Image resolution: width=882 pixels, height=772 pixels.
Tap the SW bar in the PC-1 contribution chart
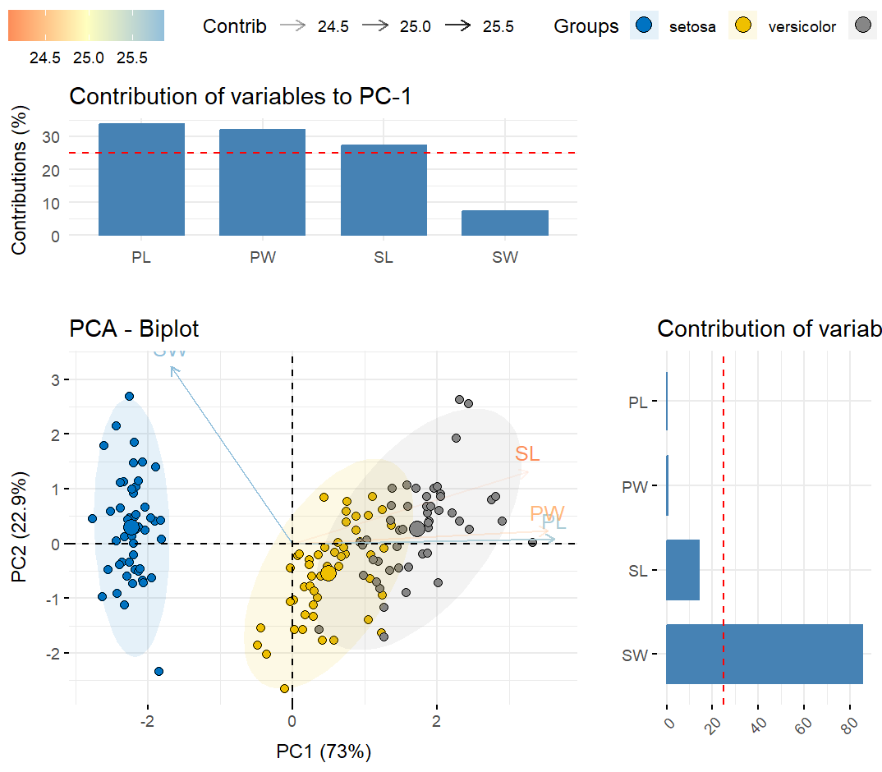coord(506,223)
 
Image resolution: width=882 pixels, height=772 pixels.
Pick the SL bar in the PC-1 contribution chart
coord(384,190)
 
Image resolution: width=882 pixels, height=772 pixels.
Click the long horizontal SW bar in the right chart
coord(764,654)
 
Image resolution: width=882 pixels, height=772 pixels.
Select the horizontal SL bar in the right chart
coord(682,570)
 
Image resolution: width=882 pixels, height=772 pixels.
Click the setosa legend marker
coord(644,25)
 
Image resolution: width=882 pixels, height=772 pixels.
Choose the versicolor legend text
coord(802,27)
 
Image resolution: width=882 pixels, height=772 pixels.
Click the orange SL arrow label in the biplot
coord(527,453)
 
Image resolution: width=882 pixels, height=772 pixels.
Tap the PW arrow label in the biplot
coord(547,514)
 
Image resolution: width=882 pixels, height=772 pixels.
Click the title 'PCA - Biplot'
coord(134,329)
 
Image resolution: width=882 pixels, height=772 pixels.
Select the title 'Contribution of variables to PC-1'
coord(240,97)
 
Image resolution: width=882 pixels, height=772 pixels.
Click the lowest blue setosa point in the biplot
coord(158,671)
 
